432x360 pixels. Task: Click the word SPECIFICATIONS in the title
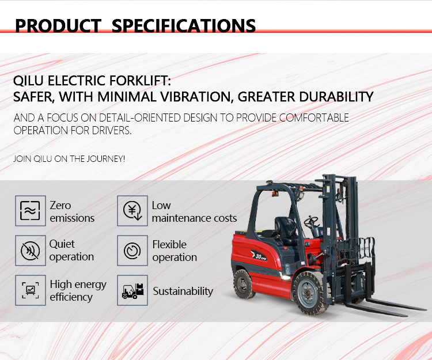coord(183,25)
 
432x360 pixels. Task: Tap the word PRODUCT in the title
coord(58,25)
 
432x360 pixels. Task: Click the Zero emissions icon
coord(29,211)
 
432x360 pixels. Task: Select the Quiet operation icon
coord(29,251)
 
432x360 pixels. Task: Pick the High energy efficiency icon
coord(29,290)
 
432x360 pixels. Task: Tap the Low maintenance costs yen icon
coord(132,211)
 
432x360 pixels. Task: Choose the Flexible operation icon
coord(132,251)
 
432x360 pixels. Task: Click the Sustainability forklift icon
coord(132,290)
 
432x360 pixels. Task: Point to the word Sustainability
coord(183,291)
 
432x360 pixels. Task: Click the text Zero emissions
coord(72,211)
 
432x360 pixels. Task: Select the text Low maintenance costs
coord(194,211)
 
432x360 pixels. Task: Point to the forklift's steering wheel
coord(311,221)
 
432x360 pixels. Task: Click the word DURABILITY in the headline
coord(331,96)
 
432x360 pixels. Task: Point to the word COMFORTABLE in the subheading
coord(314,118)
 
